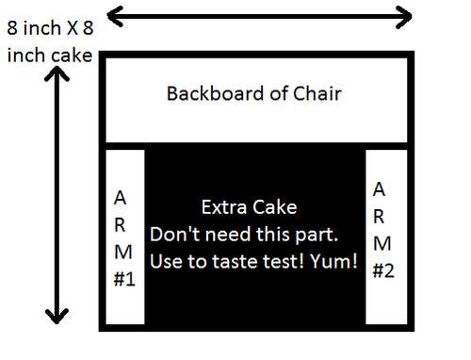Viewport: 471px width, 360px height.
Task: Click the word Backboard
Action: click(210, 94)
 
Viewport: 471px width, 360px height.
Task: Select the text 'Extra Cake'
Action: click(249, 207)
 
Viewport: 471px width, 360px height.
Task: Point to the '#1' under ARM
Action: click(123, 280)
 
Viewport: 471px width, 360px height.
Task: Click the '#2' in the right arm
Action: click(382, 270)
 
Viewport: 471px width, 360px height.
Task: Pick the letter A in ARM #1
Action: click(119, 198)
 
